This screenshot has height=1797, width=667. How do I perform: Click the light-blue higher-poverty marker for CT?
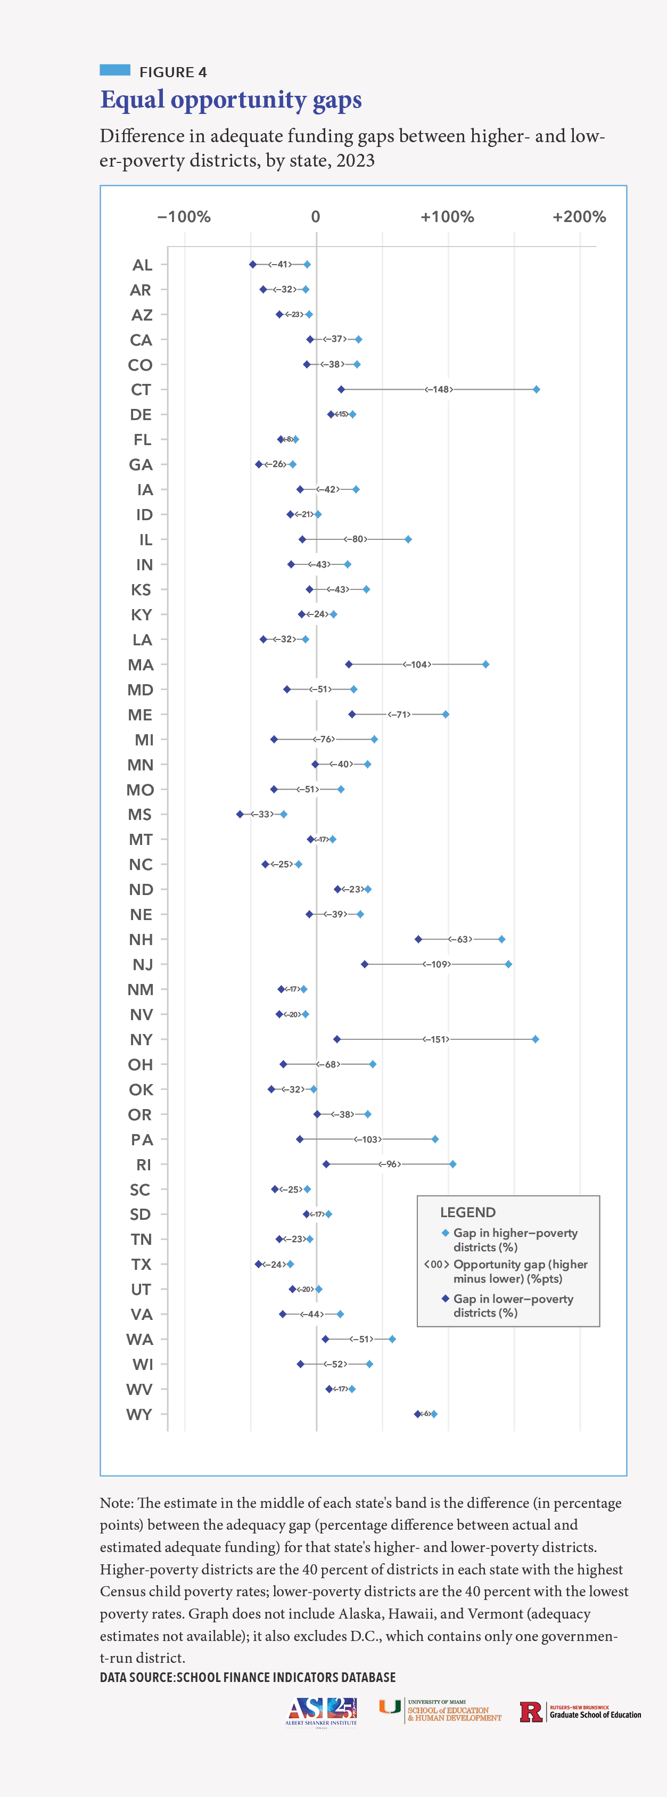536,389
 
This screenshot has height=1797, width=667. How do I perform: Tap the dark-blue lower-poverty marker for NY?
337,1039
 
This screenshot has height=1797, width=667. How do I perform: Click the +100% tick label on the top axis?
447,217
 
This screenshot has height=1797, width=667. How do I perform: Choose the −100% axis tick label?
184,217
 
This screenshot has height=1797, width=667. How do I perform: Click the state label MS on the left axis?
139,815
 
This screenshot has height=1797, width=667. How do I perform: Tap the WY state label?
139,1414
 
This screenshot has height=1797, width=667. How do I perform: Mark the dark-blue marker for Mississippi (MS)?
240,814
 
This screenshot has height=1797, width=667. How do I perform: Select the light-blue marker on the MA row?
485,664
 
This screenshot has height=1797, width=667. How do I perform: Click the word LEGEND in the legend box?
467,1212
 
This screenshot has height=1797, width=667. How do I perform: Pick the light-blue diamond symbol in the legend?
445,1233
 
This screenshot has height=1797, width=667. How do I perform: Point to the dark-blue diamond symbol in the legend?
445,1298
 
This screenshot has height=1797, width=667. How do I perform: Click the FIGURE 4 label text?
173,72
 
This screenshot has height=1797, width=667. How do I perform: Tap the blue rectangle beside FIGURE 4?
115,70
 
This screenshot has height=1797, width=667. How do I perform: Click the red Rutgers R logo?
531,1712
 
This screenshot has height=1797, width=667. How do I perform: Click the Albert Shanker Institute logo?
321,1711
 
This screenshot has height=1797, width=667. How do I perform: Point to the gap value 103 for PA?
368,1139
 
